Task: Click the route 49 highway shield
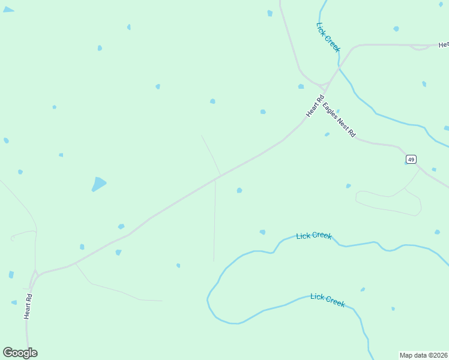tap(411, 159)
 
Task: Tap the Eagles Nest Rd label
tap(339, 120)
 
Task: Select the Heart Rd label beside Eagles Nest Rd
tap(315, 106)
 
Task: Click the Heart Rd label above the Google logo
tap(28, 306)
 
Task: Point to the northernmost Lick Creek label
tap(328, 37)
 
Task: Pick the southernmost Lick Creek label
tap(328, 300)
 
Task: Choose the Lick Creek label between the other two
tap(314, 236)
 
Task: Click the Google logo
tap(20, 353)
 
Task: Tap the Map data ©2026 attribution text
tap(423, 355)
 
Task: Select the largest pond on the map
tap(98, 184)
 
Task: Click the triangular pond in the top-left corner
tap(7, 10)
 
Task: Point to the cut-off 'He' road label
tap(444, 45)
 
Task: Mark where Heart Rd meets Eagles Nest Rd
tap(325, 91)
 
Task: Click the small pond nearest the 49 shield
tap(433, 170)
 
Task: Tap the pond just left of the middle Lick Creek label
tap(262, 232)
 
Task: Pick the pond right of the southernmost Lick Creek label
tap(363, 290)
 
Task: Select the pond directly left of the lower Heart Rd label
tap(14, 302)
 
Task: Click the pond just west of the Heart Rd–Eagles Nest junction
tap(301, 86)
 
